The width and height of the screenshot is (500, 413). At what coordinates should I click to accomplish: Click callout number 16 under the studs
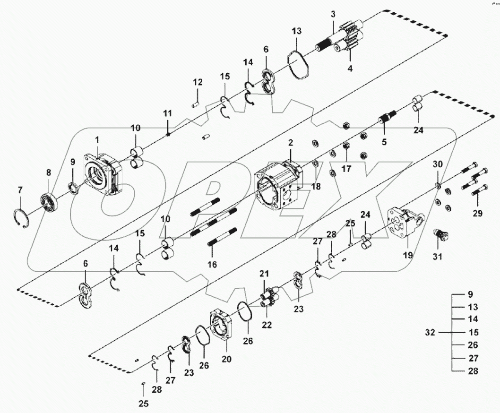213,265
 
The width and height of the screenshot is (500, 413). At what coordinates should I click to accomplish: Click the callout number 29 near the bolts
477,214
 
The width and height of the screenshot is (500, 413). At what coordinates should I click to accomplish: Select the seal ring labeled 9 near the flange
73,189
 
